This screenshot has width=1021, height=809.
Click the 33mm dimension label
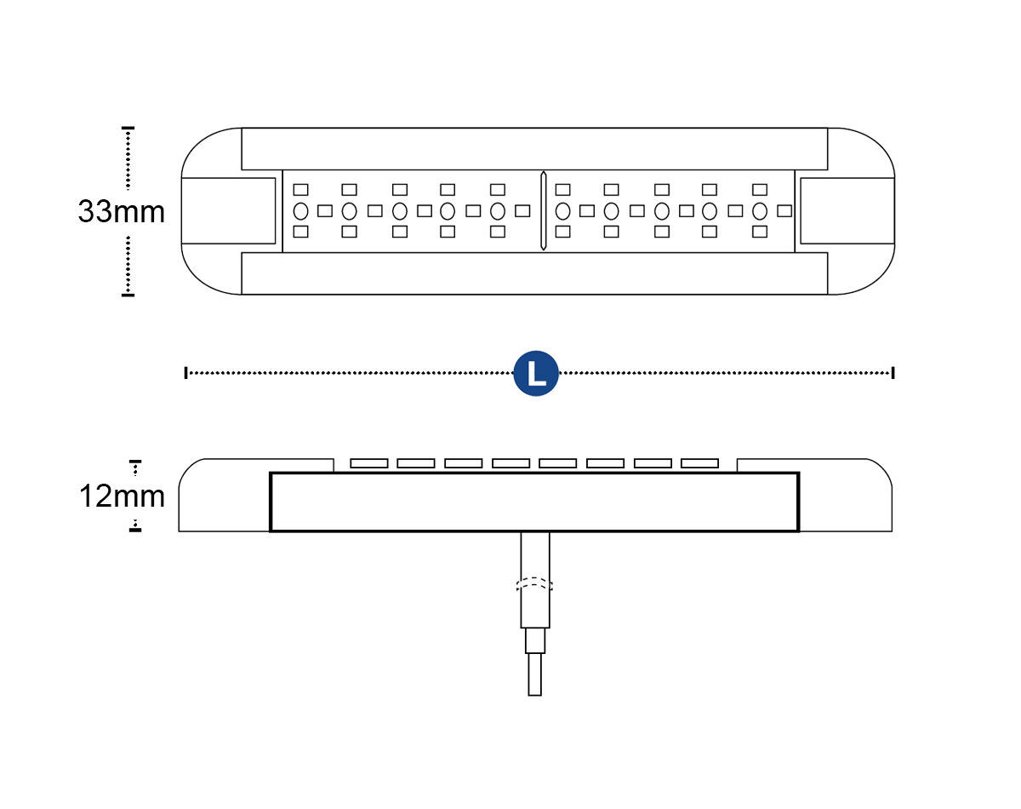point(122,211)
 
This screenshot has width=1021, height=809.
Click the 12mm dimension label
point(122,496)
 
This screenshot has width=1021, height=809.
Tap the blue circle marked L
point(536,373)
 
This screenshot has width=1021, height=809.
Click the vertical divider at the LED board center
point(543,211)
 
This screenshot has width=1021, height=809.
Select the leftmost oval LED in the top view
point(301,211)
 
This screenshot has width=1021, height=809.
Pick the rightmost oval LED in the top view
point(760,211)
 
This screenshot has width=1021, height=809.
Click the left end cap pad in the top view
point(228,211)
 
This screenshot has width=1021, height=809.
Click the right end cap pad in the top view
point(847,211)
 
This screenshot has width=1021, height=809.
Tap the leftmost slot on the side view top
point(368,463)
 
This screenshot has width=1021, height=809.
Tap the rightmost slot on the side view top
point(699,463)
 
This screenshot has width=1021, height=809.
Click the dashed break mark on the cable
point(534,584)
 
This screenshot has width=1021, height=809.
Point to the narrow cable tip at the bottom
point(534,674)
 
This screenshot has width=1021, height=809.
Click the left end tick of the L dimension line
point(185,373)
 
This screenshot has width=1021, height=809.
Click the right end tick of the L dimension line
point(893,373)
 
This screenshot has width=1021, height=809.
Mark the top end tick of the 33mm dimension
point(128,128)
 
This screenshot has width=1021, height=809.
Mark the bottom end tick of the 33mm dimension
point(128,295)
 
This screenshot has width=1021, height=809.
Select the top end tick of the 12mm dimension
point(135,461)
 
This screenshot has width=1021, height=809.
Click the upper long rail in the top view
point(534,149)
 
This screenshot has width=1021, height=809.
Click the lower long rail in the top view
point(534,273)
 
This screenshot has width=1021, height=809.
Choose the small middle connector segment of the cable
point(534,641)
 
